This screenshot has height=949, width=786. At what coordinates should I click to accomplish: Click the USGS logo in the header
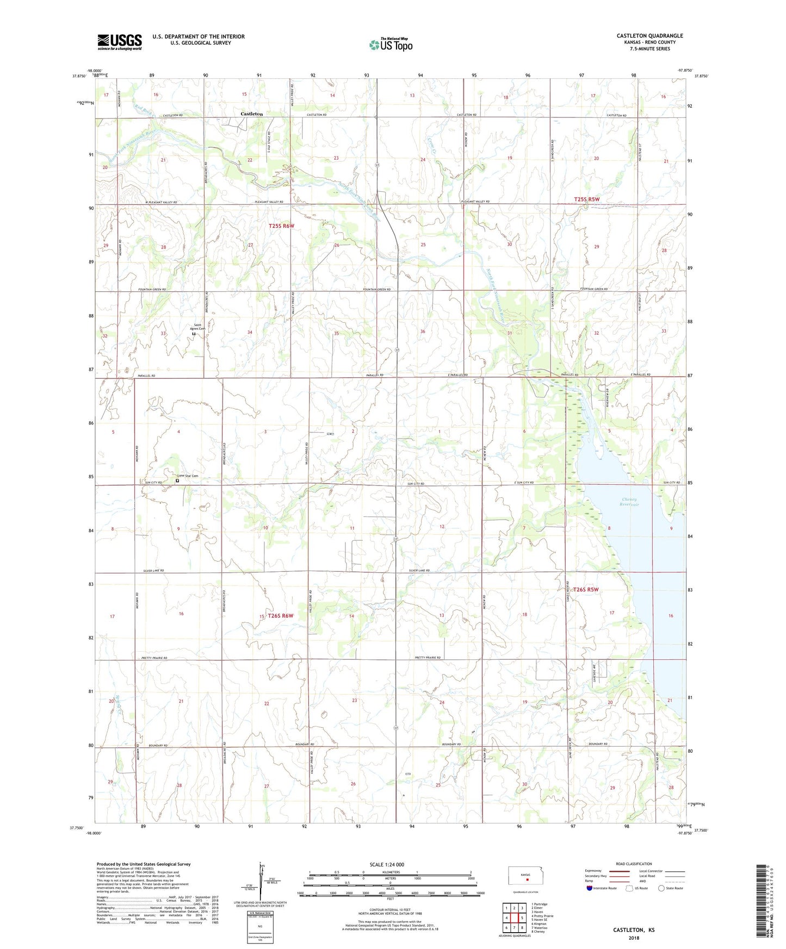[x=120, y=42]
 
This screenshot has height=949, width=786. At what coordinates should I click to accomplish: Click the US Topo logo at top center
[x=391, y=45]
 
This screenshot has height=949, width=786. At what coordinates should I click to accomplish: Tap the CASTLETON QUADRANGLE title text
[x=649, y=36]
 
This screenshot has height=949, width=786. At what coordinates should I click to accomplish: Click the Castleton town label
[x=252, y=114]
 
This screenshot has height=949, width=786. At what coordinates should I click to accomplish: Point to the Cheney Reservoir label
[x=630, y=502]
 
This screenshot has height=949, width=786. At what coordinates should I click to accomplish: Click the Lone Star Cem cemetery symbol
[x=177, y=480]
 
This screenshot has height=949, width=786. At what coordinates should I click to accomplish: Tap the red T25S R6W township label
[x=281, y=226]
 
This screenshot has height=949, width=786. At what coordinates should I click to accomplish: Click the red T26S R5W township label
[x=585, y=590]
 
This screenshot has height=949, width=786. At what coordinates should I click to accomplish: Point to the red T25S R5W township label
[x=586, y=199]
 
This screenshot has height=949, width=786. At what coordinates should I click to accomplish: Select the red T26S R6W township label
[x=280, y=616]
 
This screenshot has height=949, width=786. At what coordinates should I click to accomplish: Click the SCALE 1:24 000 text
[x=387, y=865]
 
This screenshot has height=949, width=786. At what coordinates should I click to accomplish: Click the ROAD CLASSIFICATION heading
[x=634, y=864]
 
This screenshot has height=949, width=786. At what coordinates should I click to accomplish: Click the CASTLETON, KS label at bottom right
[x=634, y=930]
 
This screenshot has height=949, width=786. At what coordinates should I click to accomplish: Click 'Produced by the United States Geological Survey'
[x=144, y=864]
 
